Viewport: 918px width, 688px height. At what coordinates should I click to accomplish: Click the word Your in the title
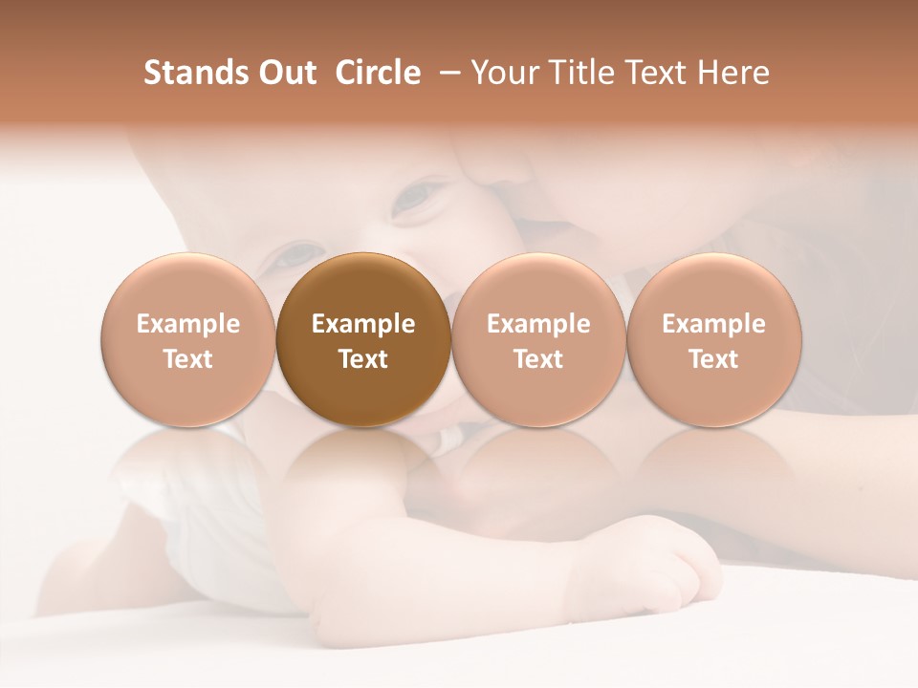tap(504, 73)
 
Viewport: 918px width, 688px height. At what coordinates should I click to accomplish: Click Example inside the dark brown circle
tap(363, 324)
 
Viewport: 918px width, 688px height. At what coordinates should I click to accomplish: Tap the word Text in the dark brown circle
tap(363, 359)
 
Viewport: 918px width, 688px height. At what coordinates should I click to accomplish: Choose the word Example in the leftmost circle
tap(188, 324)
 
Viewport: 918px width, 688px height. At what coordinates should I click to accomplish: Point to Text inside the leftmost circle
tap(188, 359)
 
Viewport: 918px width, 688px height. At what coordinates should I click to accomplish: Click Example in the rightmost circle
tap(714, 324)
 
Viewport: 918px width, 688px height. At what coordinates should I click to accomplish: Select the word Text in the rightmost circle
tap(714, 359)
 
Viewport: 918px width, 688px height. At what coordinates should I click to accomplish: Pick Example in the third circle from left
tap(538, 324)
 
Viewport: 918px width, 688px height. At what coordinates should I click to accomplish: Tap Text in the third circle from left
tap(538, 359)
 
